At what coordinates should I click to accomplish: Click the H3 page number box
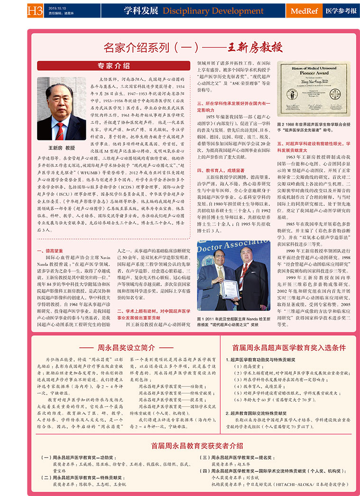coord(34,10)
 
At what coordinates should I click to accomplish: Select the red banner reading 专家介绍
coord(114,65)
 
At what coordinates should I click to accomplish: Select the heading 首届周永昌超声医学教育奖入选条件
coord(288,347)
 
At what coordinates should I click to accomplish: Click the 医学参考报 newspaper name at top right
coord(342,10)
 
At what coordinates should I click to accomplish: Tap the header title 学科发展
coord(141,10)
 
